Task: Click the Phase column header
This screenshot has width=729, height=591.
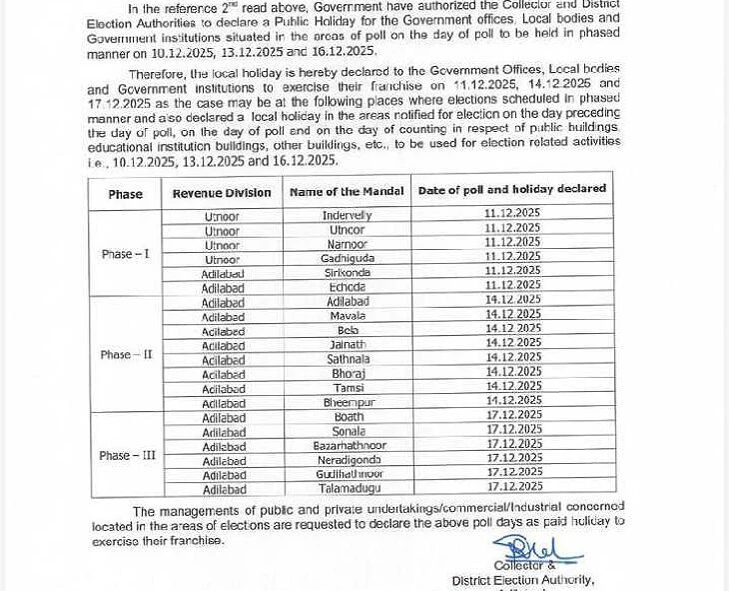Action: point(126,194)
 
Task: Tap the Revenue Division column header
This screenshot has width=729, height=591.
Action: point(222,193)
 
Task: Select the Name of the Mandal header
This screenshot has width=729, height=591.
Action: point(347,191)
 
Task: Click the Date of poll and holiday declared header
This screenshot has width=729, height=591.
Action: point(511,189)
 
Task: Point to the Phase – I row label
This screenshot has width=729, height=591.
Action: point(125,254)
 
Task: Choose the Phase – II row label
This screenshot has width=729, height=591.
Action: point(126,355)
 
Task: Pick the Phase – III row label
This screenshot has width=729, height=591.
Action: point(127,456)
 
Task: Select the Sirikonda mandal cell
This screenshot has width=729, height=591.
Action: point(347,272)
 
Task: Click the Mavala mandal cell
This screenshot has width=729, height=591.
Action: point(347,316)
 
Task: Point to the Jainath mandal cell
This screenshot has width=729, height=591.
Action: point(347,345)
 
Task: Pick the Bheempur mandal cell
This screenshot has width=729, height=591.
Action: point(347,402)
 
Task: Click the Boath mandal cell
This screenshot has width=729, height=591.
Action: point(349,417)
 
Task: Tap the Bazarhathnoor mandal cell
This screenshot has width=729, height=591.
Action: point(349,445)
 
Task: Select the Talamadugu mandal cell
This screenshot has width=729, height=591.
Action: point(349,488)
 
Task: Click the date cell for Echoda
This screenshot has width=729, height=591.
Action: point(512,285)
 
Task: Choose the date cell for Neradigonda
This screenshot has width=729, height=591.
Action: point(513,458)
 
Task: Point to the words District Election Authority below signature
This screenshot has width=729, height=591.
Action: point(522,580)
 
